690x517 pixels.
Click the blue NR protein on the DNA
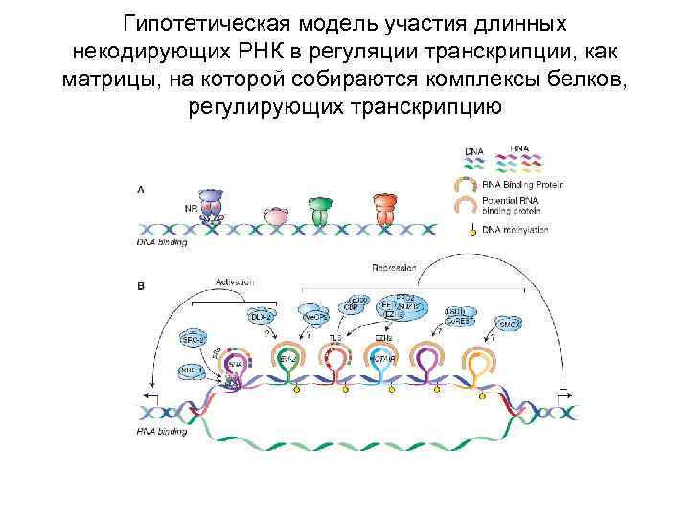pyautogui.click(x=210, y=209)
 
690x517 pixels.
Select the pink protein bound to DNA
pyautogui.click(x=274, y=216)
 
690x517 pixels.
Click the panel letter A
pyautogui.click(x=141, y=190)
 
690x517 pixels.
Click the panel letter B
pyautogui.click(x=141, y=284)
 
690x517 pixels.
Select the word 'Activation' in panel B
pyautogui.click(x=234, y=282)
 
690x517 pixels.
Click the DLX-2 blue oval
pyautogui.click(x=262, y=315)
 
